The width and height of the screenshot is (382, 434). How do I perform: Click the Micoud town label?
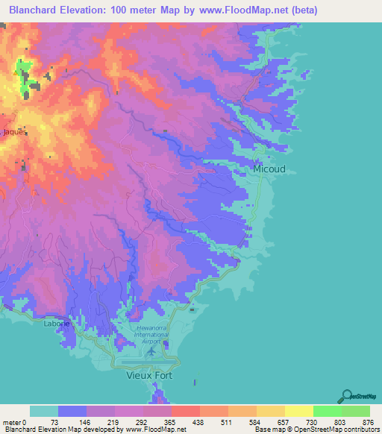(x=269, y=169)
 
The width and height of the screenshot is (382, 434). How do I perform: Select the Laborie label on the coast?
(x=57, y=324)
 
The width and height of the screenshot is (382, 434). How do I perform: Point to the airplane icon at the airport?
(x=152, y=350)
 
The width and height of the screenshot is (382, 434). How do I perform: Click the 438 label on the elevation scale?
(x=199, y=422)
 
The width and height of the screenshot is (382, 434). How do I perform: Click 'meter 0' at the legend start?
(x=15, y=422)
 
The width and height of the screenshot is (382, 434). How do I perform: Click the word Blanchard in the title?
(x=34, y=10)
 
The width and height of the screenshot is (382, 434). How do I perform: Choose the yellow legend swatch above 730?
(x=298, y=411)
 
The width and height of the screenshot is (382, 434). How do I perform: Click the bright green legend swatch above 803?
(x=327, y=411)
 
